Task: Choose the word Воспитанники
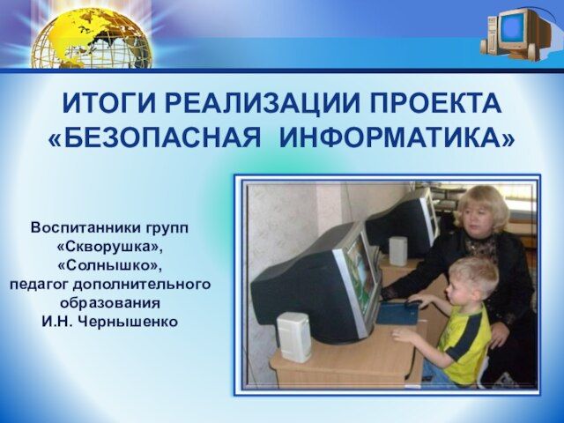point(85,228)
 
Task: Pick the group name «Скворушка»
point(109,247)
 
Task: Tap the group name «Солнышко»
point(109,266)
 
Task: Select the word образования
point(109,303)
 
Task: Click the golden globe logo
point(92,39)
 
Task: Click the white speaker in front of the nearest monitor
point(294,337)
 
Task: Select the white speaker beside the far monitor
point(398,251)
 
